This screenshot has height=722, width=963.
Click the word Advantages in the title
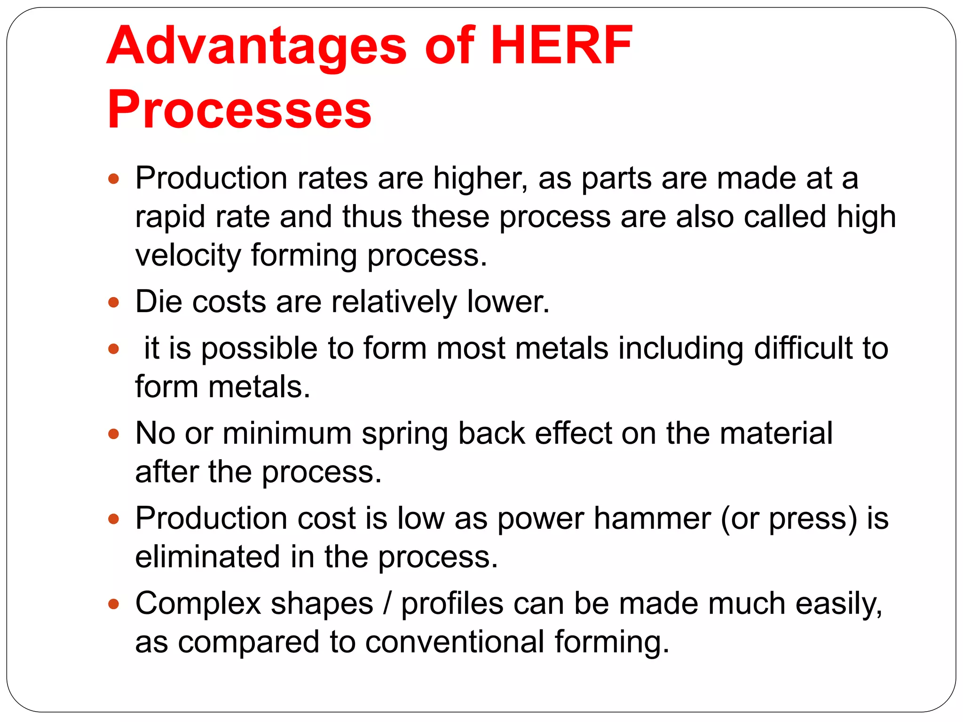(257, 46)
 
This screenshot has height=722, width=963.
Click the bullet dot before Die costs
(113, 302)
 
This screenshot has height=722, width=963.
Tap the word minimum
(287, 433)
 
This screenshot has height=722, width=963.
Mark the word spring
(404, 434)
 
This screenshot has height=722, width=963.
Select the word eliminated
(208, 557)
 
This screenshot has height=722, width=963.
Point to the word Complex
(198, 604)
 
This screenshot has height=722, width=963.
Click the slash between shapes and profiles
(387, 604)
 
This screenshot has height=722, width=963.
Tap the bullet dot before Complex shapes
(113, 604)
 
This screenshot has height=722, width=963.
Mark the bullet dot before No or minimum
(113, 433)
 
